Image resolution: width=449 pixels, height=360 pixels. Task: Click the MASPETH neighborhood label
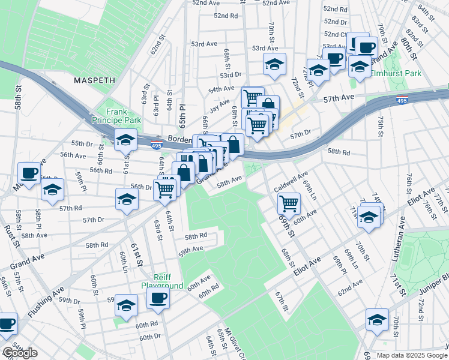94,80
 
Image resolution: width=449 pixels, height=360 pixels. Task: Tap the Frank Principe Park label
124,116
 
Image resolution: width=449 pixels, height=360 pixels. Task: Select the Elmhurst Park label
395,73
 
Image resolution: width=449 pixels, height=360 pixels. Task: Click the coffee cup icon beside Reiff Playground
158,298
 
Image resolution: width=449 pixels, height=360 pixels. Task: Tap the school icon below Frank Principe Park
126,140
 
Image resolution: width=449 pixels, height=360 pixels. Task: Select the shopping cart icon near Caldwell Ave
289,203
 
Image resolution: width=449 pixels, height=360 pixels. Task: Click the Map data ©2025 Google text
411,355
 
